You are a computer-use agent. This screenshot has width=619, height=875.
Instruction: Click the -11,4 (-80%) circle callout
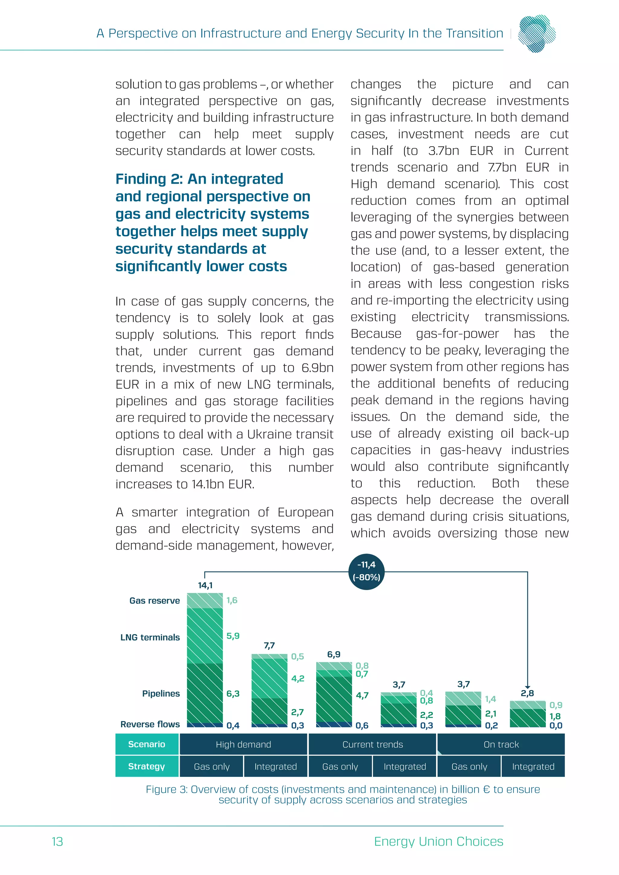click(366, 571)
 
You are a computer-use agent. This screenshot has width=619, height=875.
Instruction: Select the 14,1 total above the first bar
click(205, 585)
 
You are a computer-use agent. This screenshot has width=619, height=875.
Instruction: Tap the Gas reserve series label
click(154, 601)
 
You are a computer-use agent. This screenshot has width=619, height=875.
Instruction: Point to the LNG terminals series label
click(150, 637)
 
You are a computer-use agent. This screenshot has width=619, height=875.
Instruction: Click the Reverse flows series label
click(150, 724)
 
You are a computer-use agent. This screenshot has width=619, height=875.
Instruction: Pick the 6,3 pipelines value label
click(233, 694)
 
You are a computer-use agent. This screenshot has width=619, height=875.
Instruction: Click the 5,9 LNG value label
click(233, 636)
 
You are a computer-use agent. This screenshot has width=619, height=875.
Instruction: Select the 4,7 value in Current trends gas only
click(362, 695)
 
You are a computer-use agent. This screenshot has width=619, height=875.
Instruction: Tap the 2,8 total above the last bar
click(527, 693)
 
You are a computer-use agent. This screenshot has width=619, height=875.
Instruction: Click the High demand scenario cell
click(243, 744)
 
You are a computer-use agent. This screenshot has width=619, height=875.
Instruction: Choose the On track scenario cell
click(501, 744)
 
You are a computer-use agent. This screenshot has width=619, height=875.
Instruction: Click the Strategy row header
click(147, 767)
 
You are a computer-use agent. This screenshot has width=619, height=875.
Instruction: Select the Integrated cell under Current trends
click(404, 767)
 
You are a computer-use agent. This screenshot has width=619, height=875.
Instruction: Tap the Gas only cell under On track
click(469, 767)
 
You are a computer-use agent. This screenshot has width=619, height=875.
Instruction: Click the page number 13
click(57, 841)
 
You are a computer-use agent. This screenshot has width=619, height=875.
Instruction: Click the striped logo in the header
click(537, 33)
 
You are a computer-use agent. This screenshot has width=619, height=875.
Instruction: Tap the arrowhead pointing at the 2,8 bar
click(527, 687)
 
